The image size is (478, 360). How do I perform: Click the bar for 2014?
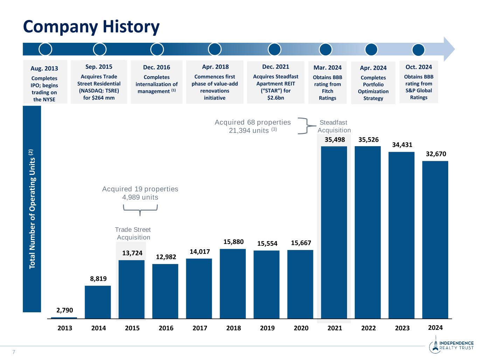coord(98,302)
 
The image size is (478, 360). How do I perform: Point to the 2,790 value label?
coord(65,310)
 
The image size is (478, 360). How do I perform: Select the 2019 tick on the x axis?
coord(267,328)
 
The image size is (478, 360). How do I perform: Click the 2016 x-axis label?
coord(166,328)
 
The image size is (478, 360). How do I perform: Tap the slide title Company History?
coord(91,27)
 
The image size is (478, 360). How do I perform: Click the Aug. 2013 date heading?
coord(44,68)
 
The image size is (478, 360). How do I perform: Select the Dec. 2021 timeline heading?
coord(276,67)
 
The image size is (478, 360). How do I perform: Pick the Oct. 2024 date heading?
coord(418,67)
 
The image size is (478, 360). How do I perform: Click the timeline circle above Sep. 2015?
coord(100,49)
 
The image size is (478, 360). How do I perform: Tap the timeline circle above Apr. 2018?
coord(215,49)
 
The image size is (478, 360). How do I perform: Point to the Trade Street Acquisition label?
coord(133,233)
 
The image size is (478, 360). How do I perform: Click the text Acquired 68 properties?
coord(252,122)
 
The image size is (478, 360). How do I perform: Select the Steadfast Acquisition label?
coord(334,126)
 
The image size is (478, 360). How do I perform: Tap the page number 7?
coord(14,352)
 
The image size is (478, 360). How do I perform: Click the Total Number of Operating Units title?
coord(32,209)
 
